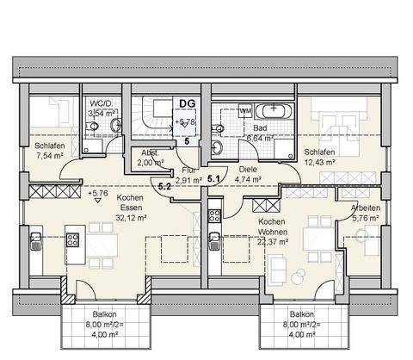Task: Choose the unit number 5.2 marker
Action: (x=164, y=183)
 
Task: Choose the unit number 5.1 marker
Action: (x=214, y=178)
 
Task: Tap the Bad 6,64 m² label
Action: (x=236, y=132)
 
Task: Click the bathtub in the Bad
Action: (x=275, y=111)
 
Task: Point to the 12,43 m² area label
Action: (x=319, y=161)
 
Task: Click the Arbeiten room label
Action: (x=367, y=208)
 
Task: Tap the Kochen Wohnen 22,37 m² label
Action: (x=274, y=233)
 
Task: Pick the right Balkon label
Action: (x=301, y=320)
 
